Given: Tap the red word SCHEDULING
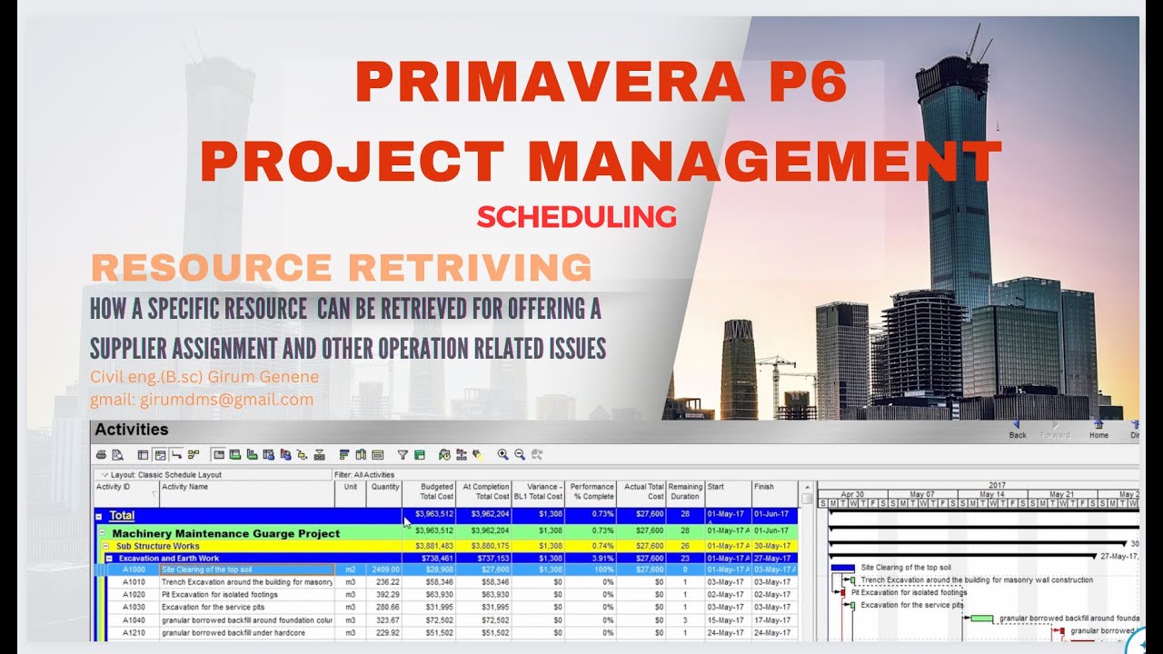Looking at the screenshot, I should (x=576, y=216).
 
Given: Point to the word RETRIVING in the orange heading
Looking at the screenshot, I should (x=470, y=268).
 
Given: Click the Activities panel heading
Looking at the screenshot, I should (x=132, y=430).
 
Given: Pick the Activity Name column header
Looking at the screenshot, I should (x=185, y=487).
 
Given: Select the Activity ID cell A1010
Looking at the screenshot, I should (x=134, y=581).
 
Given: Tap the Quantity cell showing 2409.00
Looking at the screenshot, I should (x=384, y=570).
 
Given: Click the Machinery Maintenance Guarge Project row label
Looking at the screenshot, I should (x=225, y=533).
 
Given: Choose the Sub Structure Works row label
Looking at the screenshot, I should (x=157, y=546).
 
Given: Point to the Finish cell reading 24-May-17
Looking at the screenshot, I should (x=771, y=632).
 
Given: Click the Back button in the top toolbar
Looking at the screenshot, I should (x=1017, y=429).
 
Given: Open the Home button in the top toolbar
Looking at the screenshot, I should (x=1098, y=429).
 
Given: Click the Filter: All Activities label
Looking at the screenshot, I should (x=364, y=474).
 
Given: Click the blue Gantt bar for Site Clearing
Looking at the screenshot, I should (x=842, y=568).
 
